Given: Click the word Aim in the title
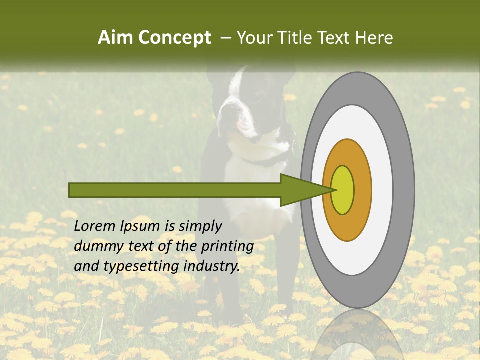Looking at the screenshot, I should [116, 38].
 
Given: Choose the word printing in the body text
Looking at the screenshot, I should [227, 247].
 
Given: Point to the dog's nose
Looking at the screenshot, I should [223, 112].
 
